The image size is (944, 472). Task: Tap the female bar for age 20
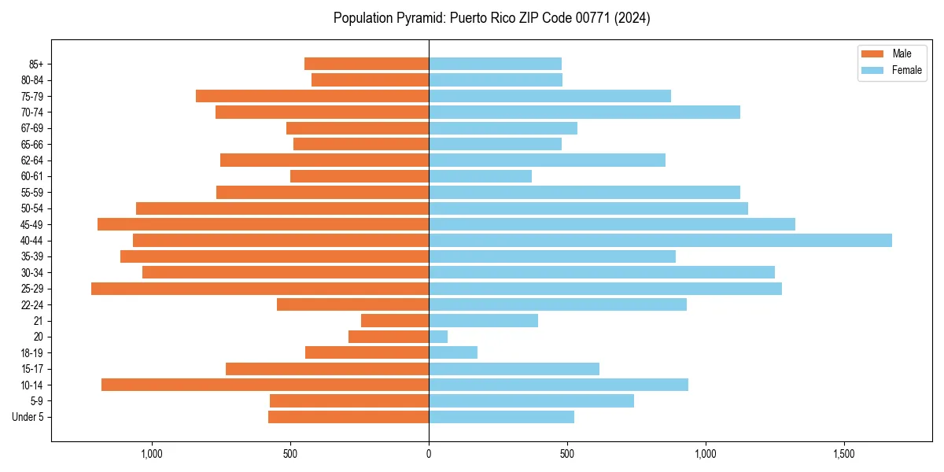(x=438, y=337)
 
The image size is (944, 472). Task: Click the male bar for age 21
(x=395, y=321)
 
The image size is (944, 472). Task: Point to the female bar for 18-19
(x=453, y=352)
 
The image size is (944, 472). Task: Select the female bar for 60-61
(x=480, y=176)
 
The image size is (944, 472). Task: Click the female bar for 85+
(x=495, y=64)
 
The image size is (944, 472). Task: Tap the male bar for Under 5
(x=348, y=417)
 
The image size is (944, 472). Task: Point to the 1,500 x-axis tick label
(x=844, y=454)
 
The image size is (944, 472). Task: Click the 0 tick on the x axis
(x=429, y=454)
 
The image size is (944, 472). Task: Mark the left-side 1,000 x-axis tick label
(x=151, y=454)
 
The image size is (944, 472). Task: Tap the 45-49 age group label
(x=32, y=224)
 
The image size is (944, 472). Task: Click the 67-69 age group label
(x=32, y=128)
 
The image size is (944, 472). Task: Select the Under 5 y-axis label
(x=28, y=417)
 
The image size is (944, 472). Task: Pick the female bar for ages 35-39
(x=551, y=256)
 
